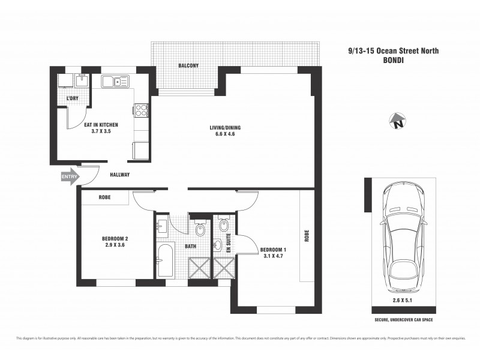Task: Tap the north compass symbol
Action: tap(397, 122)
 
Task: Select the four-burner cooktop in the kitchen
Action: tap(141, 110)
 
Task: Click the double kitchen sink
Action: tap(112, 82)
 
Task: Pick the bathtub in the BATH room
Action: tap(165, 260)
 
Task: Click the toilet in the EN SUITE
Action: tap(223, 226)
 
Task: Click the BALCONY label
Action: tap(188, 66)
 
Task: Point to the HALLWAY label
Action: tap(120, 175)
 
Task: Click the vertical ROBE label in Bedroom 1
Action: tap(306, 237)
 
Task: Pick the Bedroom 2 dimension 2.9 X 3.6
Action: tap(115, 245)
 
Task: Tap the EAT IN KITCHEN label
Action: tap(101, 125)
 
